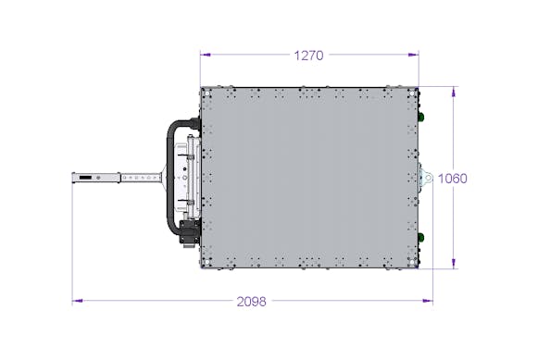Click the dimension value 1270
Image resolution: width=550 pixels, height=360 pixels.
coord(308,56)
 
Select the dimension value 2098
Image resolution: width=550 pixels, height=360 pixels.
coord(252,302)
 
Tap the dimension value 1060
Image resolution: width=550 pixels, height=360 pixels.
coord(453,179)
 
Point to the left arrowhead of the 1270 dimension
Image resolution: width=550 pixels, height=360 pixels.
coord(206,55)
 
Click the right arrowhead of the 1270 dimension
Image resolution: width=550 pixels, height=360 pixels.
coord(414,55)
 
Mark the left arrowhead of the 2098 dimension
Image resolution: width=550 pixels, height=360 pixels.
coord(78,301)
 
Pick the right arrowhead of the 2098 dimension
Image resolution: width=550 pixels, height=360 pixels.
coord(428,301)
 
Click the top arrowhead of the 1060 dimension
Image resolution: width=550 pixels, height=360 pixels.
coord(454,92)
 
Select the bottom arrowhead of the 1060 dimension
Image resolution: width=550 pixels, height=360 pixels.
coord(454,264)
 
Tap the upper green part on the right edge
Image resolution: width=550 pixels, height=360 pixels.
coord(421,117)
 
